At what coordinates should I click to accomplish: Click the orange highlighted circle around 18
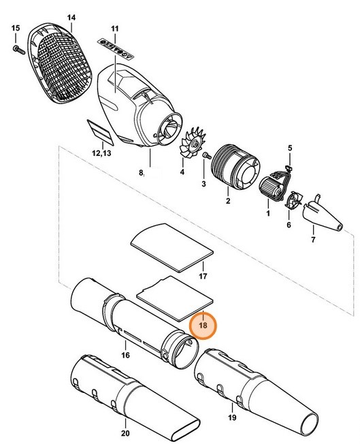[x=203, y=326]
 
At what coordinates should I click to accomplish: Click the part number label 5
[x=289, y=148]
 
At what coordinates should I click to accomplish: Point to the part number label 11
[x=115, y=29]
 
